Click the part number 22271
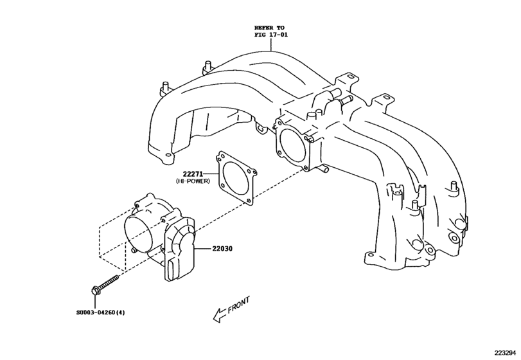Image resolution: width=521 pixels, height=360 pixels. coord(193,174)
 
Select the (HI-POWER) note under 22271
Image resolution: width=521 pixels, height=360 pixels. coord(193,182)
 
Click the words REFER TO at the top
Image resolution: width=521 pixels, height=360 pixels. coord(269,28)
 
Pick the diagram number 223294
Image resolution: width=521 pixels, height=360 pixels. coord(504,353)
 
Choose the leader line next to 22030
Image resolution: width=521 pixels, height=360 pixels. coord(199,248)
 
